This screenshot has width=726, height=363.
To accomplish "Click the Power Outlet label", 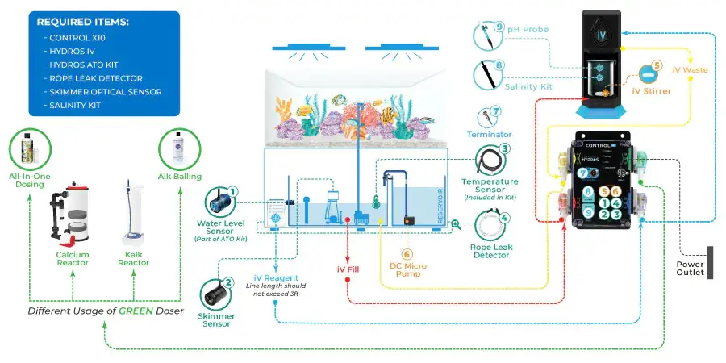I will click(x=691, y=267).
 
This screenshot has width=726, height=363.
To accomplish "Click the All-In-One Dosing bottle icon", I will click(x=30, y=149).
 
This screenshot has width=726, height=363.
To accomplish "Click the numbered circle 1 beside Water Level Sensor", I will click(x=232, y=192).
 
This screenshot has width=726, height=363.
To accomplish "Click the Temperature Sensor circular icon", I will click(x=491, y=161).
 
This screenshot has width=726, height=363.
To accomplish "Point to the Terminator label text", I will click(x=490, y=134).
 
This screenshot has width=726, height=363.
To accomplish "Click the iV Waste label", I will click(x=689, y=70).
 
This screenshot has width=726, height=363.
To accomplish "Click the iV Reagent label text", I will click(x=277, y=277).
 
